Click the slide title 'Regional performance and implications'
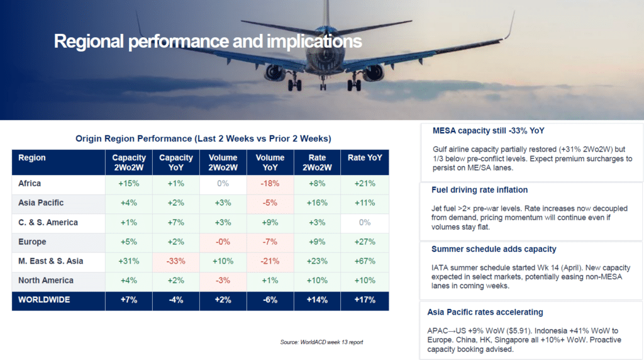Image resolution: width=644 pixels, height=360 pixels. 208,42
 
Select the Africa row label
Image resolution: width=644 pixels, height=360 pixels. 30,184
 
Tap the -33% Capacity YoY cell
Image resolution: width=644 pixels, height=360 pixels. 176,261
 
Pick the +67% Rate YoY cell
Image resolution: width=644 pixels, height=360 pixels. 365,261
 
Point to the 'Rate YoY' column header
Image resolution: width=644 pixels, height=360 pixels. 365,158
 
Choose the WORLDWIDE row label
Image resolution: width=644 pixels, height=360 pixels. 45,300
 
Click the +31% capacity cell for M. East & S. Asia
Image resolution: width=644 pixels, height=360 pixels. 129,261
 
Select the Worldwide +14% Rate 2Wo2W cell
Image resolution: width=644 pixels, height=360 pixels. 317,300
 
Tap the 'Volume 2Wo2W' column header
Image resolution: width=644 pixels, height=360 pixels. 223,162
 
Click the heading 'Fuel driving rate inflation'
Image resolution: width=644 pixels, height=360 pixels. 479,190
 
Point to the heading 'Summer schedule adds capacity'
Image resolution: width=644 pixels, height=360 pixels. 494,249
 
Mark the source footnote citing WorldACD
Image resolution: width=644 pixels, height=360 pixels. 321,342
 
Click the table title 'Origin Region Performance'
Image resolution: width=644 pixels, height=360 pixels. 203,138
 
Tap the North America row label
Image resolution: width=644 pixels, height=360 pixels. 46,281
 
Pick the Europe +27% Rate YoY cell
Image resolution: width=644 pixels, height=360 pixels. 365,242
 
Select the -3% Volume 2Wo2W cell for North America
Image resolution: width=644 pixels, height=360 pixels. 223,281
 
